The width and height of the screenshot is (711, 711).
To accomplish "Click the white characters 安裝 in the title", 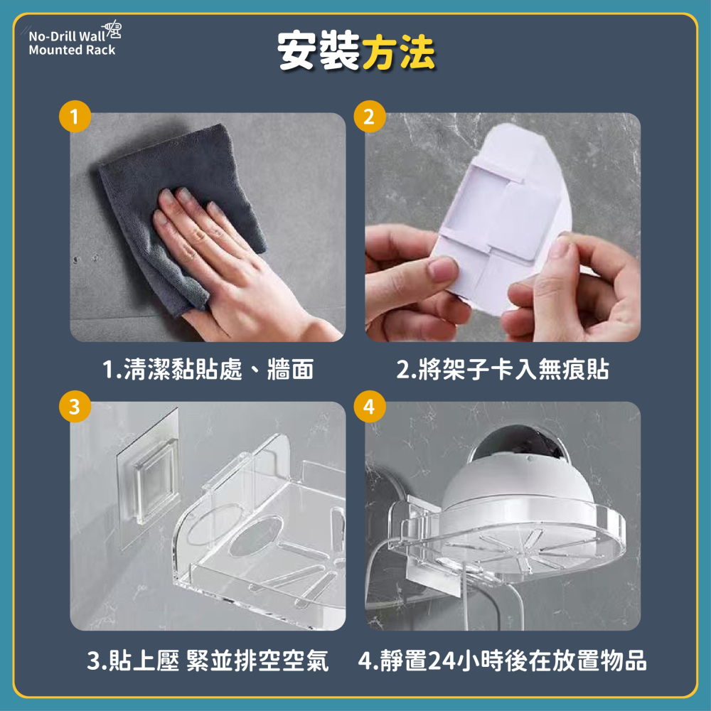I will tap(318, 52).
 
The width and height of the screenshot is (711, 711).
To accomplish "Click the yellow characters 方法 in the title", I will tap(398, 52).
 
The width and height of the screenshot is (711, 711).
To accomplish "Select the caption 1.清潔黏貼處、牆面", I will tap(208, 370).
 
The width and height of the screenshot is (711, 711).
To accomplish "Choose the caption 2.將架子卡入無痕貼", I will tap(503, 370).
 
